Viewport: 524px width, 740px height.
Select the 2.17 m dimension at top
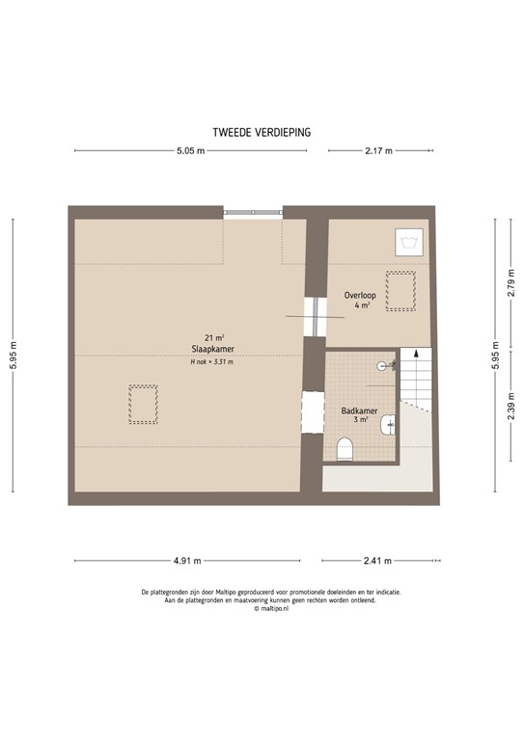coord(378,151)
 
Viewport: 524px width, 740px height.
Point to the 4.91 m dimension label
coord(187,560)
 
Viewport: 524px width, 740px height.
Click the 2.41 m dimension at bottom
coord(378,560)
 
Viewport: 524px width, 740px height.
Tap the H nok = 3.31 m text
coord(211,361)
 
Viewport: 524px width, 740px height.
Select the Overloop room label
coord(360,295)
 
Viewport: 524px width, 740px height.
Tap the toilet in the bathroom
coord(345,449)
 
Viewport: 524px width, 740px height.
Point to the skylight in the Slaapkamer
coord(143,404)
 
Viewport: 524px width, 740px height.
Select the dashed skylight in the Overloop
coord(400,290)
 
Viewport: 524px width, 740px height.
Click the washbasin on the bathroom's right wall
coord(389,423)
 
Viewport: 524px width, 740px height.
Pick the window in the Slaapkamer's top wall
coord(253,212)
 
